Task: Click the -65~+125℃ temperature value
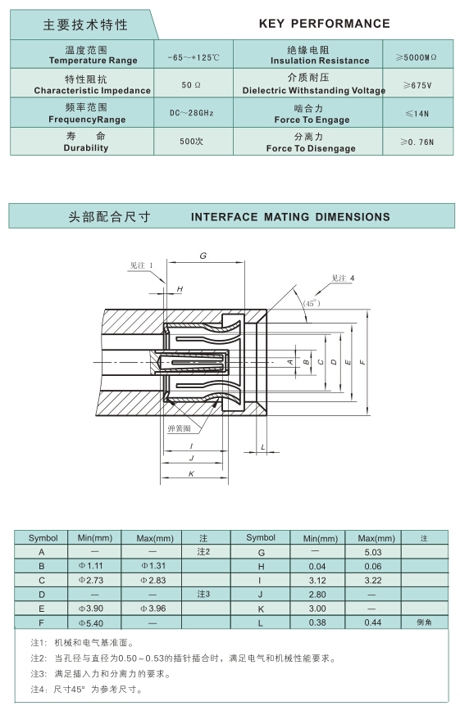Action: point(194,57)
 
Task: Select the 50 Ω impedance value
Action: point(191,85)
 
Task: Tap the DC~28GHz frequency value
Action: point(192,113)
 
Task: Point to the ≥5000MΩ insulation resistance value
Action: point(417,57)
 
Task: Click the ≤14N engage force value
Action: point(417,114)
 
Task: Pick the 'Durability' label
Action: point(86,147)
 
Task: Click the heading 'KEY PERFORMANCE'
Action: point(325,24)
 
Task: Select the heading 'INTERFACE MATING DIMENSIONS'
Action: point(290,216)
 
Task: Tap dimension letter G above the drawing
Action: point(203,256)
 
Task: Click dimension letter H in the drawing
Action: point(180,288)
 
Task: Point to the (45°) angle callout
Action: point(312,303)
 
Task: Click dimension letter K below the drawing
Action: point(191,473)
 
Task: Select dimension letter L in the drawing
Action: point(263,447)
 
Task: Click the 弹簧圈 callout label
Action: point(179,428)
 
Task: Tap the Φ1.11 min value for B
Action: point(90,566)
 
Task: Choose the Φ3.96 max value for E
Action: point(153,609)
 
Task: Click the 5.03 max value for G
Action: point(373,552)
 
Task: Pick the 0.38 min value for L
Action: point(317,622)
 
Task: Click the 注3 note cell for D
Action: point(203,594)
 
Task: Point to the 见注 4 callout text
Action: point(343,278)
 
